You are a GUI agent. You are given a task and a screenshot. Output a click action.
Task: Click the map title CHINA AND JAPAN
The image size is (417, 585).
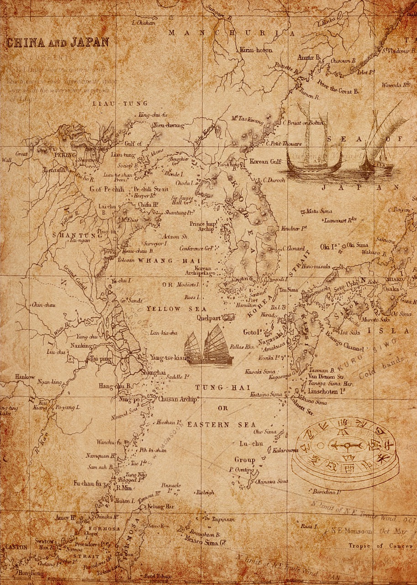coord(57,43)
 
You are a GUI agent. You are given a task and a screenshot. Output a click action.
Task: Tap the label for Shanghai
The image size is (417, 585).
coord(153,372)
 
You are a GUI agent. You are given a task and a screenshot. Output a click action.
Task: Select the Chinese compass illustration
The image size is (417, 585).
coord(345,452)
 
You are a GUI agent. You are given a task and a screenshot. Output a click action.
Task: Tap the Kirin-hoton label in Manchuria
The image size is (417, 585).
coord(255,50)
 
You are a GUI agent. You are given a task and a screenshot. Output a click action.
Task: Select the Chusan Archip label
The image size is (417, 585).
coord(178,399)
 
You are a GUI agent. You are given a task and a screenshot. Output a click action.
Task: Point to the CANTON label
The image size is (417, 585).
coord(16,547)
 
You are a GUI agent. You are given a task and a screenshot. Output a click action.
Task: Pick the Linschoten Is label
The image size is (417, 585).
coord(326,391)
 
